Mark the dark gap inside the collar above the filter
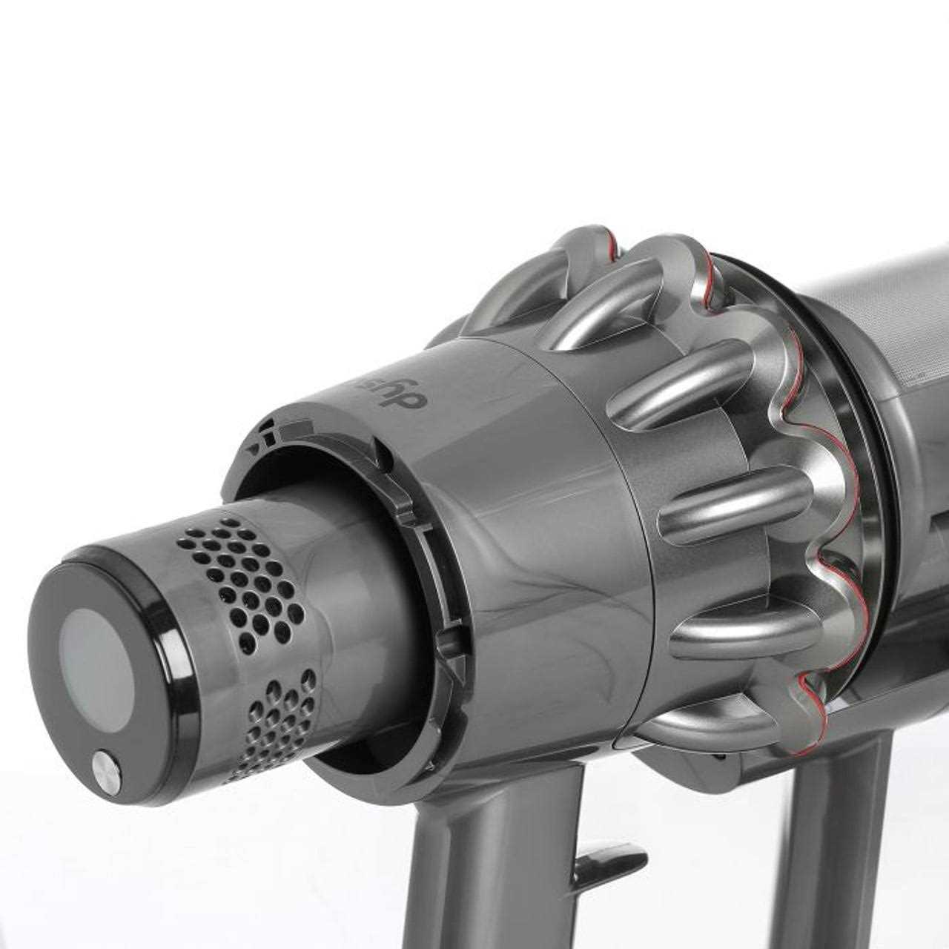pyautogui.click(x=311, y=474)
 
